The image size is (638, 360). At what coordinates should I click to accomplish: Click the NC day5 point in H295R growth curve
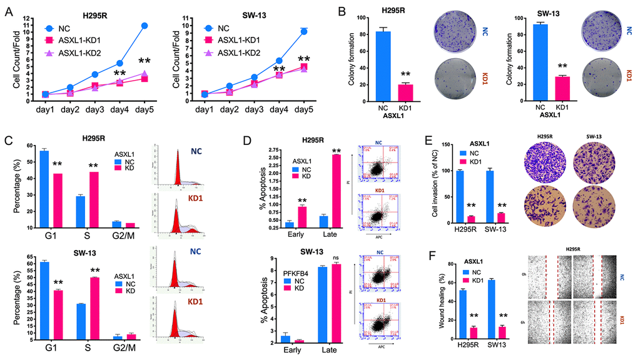pos(144,26)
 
